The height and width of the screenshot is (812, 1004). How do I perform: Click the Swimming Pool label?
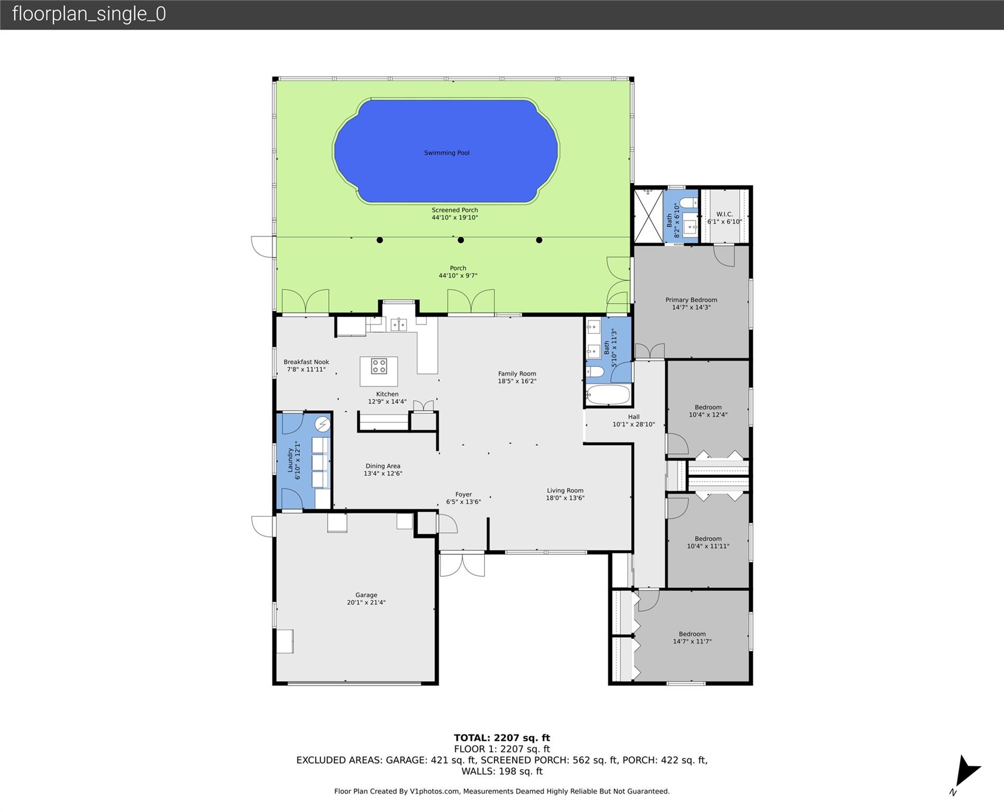pyautogui.click(x=447, y=153)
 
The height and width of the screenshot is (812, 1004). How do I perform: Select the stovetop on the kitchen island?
pyautogui.click(x=379, y=366)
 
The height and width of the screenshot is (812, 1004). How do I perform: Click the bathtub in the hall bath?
pyautogui.click(x=608, y=395)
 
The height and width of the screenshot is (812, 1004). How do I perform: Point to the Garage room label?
pyautogui.click(x=366, y=595)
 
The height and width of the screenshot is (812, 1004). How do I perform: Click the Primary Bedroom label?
pyautogui.click(x=691, y=300)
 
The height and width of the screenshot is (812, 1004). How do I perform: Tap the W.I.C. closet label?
pyautogui.click(x=724, y=214)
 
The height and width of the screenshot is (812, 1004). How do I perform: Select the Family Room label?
pyautogui.click(x=517, y=374)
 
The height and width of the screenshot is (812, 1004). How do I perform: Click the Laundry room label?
pyautogui.click(x=290, y=460)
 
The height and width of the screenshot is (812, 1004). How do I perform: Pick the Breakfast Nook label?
pyautogui.click(x=306, y=362)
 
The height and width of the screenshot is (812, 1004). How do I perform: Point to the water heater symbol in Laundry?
pyautogui.click(x=322, y=424)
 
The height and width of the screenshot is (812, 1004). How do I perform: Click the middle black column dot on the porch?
pyautogui.click(x=461, y=240)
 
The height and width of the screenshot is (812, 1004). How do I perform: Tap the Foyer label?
pyautogui.click(x=463, y=495)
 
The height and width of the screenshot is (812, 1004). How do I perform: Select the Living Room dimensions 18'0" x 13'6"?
pyautogui.click(x=565, y=498)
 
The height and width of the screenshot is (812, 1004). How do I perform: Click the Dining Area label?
pyautogui.click(x=383, y=466)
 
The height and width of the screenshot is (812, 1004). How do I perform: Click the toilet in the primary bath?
pyautogui.click(x=688, y=202)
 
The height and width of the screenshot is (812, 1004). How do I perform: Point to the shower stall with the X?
pyautogui.click(x=648, y=216)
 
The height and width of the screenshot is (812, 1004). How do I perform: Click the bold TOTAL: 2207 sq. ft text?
pyautogui.click(x=501, y=737)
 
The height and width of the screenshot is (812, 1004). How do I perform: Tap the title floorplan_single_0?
pyautogui.click(x=89, y=14)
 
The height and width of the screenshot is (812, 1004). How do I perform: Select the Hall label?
pyautogui.click(x=634, y=417)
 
